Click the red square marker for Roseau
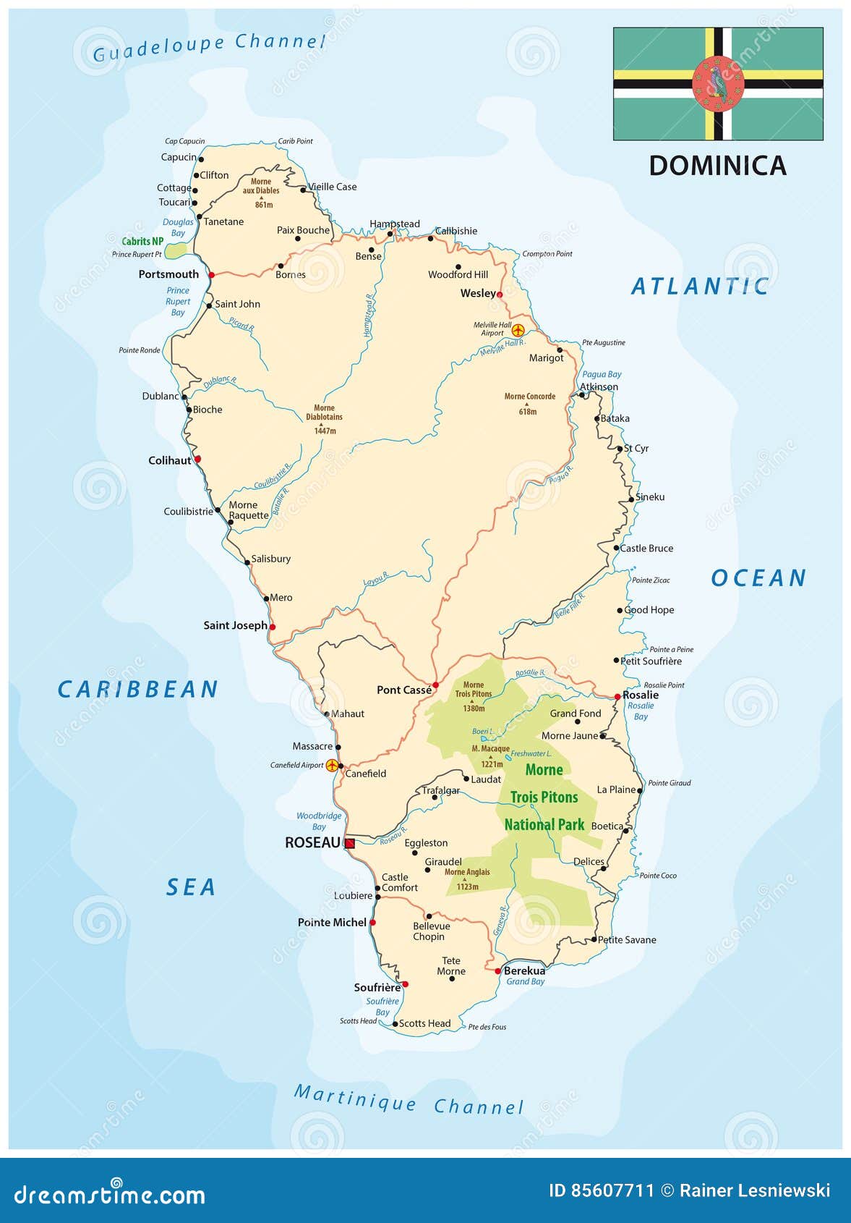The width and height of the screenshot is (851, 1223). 350,844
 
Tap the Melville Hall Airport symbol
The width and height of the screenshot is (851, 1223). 518,330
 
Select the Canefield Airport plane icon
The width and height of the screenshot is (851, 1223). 332,766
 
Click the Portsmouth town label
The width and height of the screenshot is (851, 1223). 168,274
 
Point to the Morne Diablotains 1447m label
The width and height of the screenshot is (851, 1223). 324,419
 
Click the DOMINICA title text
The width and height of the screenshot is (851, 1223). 717,166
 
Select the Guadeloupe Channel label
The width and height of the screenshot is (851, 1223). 209,46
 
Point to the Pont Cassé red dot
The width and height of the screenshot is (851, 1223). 435,685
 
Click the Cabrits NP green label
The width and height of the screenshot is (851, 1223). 142,242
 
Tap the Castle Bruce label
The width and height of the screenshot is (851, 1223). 646,549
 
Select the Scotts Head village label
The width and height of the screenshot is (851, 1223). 424,1023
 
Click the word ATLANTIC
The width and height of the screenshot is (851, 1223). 700,287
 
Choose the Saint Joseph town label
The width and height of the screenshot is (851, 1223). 235,625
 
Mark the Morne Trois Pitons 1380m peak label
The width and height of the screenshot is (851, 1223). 474,696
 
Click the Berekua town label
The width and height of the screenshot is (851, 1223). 524,971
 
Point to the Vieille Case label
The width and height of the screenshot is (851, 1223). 333,187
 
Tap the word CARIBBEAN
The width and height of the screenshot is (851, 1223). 137,690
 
